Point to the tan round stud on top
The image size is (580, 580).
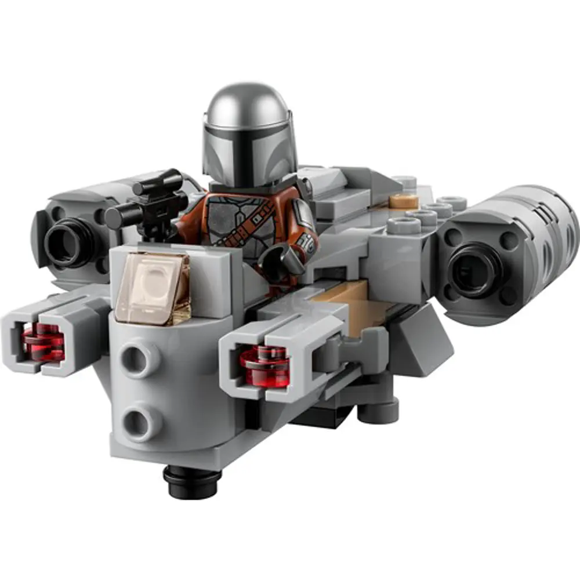coord(404,201)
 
